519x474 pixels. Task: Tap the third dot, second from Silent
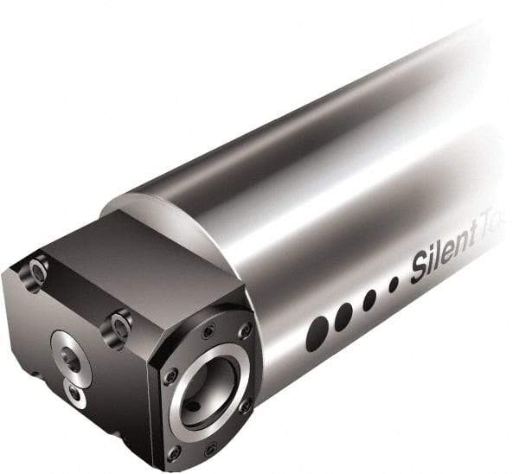369,300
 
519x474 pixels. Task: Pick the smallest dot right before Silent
394,284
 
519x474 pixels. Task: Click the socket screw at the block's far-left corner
36,272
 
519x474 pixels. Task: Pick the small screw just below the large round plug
78,396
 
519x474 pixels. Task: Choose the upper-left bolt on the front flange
208,331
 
